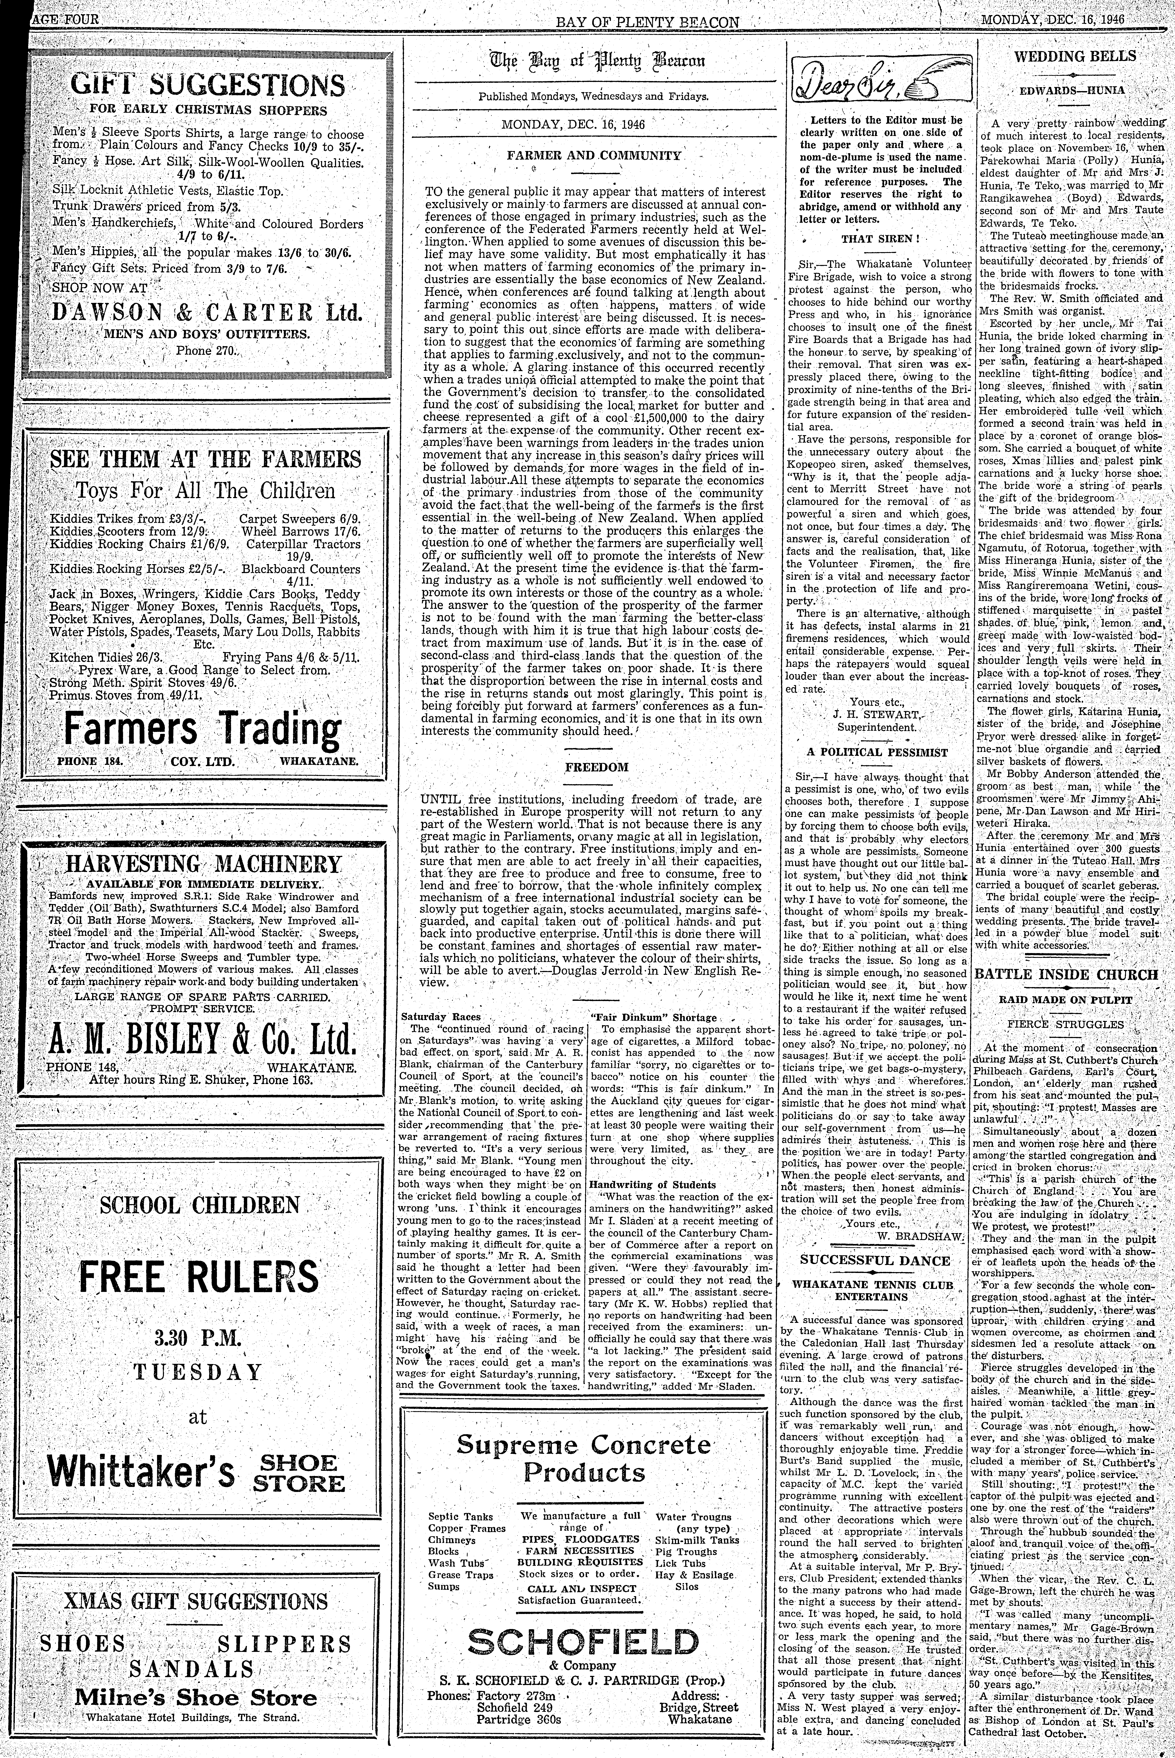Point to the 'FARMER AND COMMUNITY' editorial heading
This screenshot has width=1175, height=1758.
tap(593, 156)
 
